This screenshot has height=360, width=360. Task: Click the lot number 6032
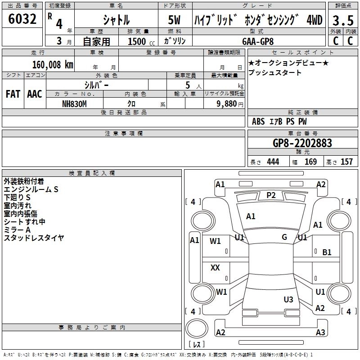click(x=22, y=19)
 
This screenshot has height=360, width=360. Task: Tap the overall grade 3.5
click(x=343, y=20)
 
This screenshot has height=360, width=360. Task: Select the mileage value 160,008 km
click(x=53, y=65)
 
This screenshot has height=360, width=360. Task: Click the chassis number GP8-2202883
click(x=302, y=143)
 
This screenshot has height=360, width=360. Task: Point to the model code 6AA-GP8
click(x=258, y=41)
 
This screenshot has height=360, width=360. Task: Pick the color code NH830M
click(x=74, y=104)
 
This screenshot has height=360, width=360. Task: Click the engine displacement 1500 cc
click(x=141, y=41)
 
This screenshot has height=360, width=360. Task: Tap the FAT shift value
click(x=13, y=94)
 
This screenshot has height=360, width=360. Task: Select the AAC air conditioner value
click(x=35, y=94)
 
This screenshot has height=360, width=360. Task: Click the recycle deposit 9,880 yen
click(x=230, y=104)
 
